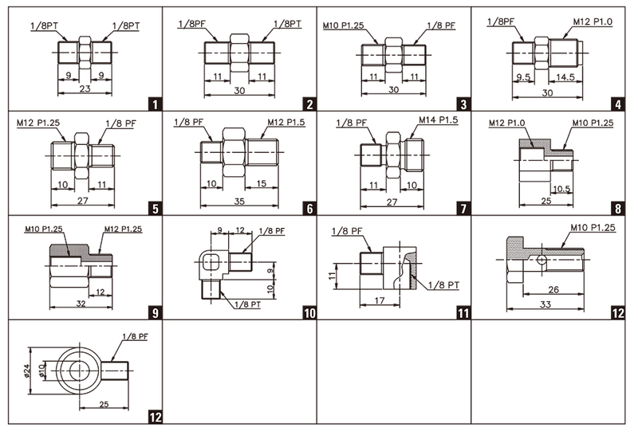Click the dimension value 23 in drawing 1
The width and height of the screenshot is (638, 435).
point(85,88)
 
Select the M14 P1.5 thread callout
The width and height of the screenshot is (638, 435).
point(438,120)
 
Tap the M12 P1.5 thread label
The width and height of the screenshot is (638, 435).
point(286,123)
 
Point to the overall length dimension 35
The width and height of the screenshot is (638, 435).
point(239,202)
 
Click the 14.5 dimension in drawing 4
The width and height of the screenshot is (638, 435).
point(565,76)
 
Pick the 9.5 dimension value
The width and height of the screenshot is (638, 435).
point(523,76)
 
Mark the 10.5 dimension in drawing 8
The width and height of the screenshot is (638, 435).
point(561,189)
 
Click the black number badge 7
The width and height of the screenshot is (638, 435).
point(464,209)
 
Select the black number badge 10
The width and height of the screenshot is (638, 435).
point(309,313)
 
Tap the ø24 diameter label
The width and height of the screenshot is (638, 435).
point(27,370)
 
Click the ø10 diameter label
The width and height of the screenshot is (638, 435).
point(41,370)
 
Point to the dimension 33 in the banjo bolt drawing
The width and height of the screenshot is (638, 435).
point(545,304)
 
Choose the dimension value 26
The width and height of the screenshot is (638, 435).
point(553,289)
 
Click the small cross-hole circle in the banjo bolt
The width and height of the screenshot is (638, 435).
point(542,260)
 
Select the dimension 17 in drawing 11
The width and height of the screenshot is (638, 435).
point(380,300)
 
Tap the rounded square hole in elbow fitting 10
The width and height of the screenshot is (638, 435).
point(211,263)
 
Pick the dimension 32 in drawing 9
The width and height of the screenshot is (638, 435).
point(81,304)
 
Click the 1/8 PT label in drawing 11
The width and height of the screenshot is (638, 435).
point(443,285)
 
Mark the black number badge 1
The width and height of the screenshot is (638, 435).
point(155,104)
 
